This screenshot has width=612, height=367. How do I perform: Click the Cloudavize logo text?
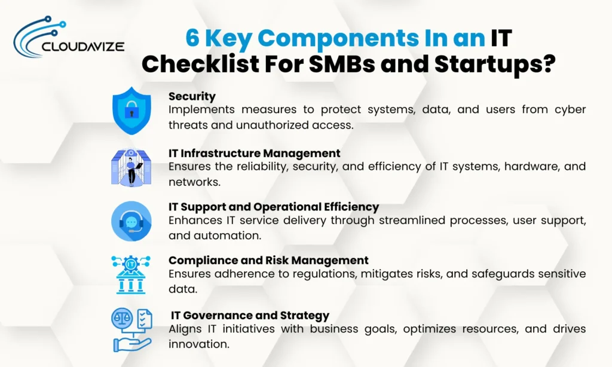click(x=82, y=45)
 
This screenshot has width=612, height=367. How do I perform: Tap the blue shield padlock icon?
click(x=131, y=111)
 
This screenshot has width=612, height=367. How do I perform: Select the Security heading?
click(x=192, y=96)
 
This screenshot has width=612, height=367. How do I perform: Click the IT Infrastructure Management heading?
click(x=254, y=153)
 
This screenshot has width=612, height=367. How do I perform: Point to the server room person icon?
click(x=131, y=167)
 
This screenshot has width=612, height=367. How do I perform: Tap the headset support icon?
click(x=131, y=221)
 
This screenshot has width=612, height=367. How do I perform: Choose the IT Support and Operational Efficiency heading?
click(x=273, y=207)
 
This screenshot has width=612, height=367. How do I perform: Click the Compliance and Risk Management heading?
click(x=268, y=261)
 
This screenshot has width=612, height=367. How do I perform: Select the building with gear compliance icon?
click(x=131, y=275)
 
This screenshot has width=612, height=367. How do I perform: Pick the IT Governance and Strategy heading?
click(x=250, y=315)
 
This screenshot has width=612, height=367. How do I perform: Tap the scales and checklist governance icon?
click(x=131, y=329)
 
